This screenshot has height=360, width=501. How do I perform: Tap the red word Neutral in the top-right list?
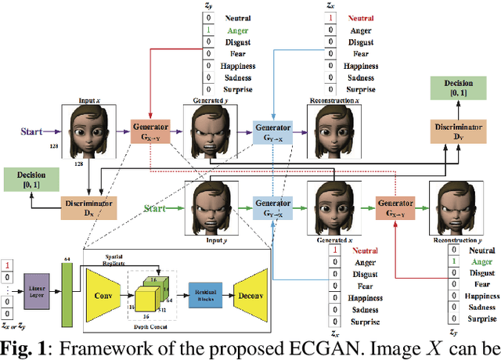click(359, 16)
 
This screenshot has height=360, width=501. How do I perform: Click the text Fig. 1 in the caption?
click(23, 348)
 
